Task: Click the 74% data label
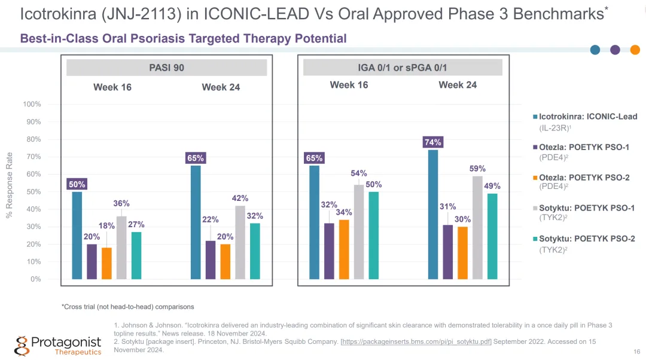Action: point(432,142)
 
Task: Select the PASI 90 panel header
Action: point(166,68)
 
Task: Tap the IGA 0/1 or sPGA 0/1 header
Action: point(402,68)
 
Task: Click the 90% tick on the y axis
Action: point(32,122)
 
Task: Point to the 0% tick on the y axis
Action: point(35,279)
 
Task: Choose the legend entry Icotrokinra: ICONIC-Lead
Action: point(587,117)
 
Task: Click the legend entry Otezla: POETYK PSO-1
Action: point(583,147)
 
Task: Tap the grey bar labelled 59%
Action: point(477,227)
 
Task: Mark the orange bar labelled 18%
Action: point(106,263)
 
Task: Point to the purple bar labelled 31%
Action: point(447,252)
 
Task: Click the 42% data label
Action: point(240,198)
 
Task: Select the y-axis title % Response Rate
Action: point(10,185)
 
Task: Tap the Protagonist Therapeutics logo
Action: point(58,345)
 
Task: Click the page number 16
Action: point(636,352)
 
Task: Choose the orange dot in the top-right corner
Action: point(635,50)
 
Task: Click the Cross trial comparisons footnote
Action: point(128,307)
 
